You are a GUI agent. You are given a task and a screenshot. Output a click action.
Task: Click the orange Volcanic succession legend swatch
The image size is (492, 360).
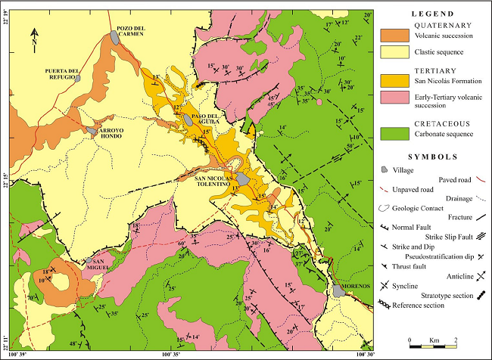[395, 36]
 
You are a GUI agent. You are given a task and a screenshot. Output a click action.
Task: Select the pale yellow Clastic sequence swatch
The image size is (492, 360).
[395, 52]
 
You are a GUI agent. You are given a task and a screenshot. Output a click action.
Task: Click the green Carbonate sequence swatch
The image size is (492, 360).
[395, 134]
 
